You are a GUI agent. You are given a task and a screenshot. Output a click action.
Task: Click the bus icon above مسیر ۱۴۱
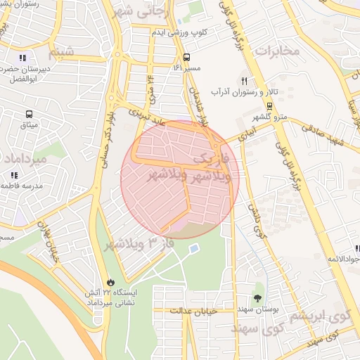[186, 57]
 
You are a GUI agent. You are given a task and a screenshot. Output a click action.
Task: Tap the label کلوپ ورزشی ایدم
[180, 33]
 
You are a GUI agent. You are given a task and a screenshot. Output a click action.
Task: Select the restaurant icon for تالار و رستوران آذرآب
[244, 81]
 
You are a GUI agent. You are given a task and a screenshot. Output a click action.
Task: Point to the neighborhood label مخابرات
[277, 51]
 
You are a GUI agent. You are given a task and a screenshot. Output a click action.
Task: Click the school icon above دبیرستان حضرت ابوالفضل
[22, 58]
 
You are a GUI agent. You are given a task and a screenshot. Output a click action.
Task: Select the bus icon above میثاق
[29, 114]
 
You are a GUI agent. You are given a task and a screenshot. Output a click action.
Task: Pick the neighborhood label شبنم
[61, 53]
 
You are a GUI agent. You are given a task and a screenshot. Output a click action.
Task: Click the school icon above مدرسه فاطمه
[13, 174]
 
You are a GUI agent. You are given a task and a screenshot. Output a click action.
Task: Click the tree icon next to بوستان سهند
[257, 298]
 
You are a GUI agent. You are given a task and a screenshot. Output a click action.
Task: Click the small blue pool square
[193, 248]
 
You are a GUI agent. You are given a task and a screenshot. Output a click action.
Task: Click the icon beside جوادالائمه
[357, 249]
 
